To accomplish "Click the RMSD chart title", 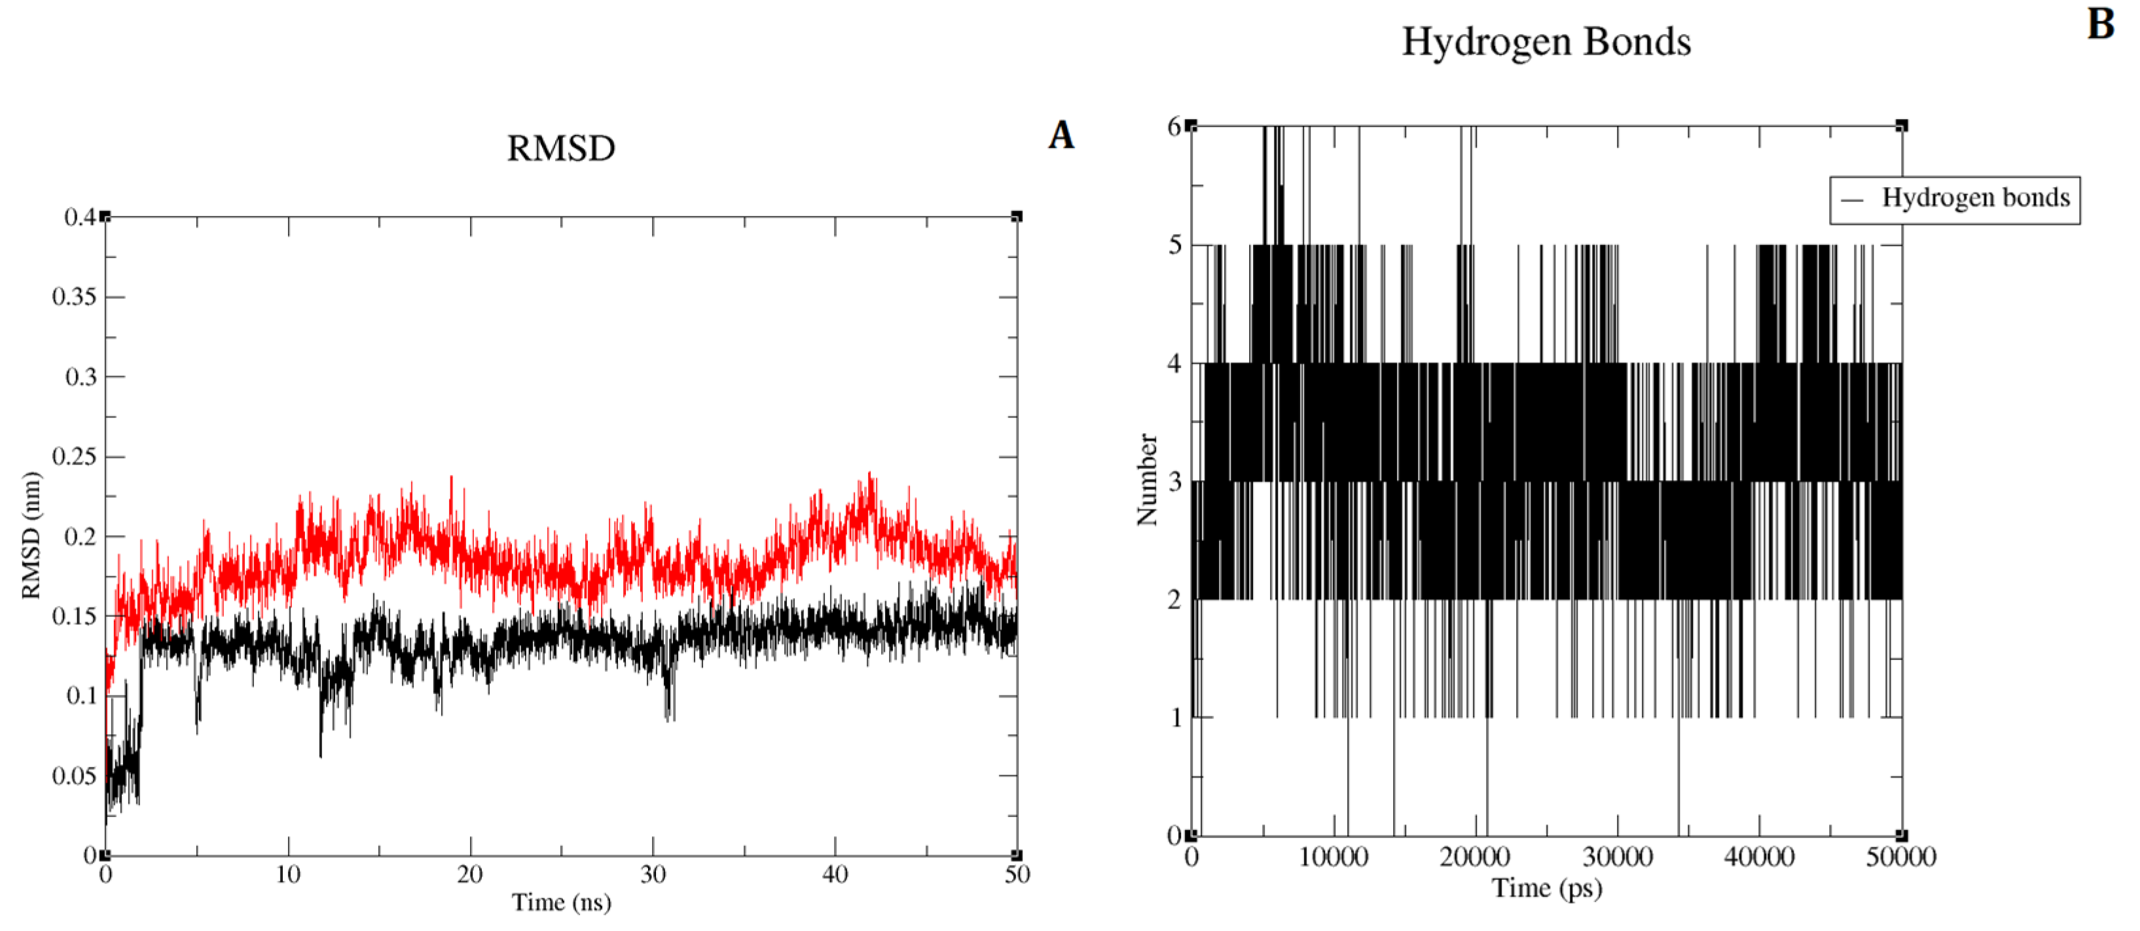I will pos(561,149).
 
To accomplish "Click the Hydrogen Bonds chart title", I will pos(1546,41).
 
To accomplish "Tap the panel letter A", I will pos(1061,135).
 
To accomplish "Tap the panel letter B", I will pos(2101,24).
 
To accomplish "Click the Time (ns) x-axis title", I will pos(561,902).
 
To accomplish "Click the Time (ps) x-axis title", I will pos(1546,888).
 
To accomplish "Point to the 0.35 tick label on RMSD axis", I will pos(74,296).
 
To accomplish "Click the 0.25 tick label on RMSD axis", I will pos(74,456).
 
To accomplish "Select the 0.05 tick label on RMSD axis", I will pos(74,776).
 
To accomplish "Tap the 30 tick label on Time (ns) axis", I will pos(653,875).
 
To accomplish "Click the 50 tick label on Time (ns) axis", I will pos(1017,875).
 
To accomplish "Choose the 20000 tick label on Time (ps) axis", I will pos(1475,857).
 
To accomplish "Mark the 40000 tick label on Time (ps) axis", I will pos(1759,857).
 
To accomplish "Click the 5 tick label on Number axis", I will pos(1174,245).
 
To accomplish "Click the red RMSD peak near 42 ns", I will pos(870,475).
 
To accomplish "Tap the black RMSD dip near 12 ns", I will pos(321,754).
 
